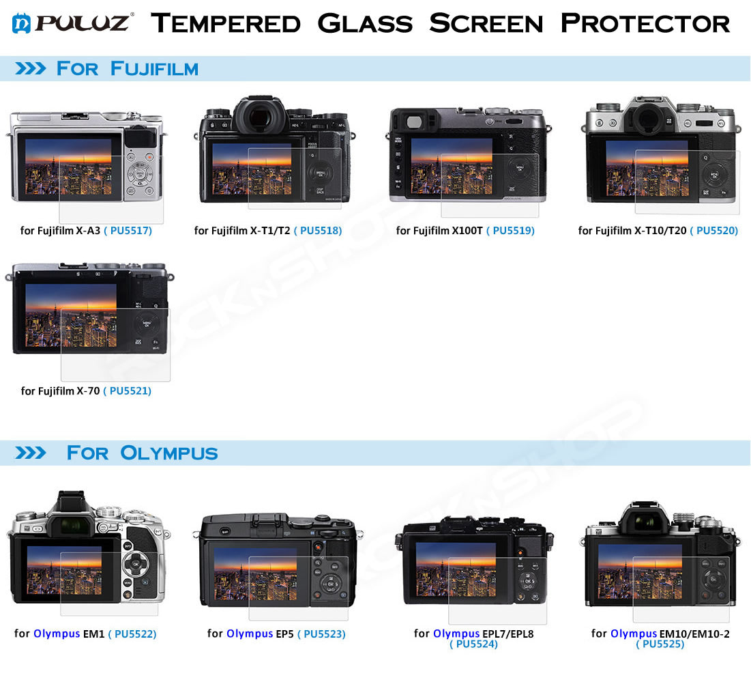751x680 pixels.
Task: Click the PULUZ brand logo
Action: pyautogui.click(x=72, y=23)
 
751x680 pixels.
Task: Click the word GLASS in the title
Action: pyautogui.click(x=365, y=23)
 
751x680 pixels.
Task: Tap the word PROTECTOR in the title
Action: pyautogui.click(x=645, y=23)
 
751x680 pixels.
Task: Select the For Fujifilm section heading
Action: pyautogui.click(x=127, y=68)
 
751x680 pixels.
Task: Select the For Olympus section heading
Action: pyautogui.click(x=143, y=453)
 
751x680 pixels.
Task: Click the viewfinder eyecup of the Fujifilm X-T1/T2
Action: pyautogui.click(x=259, y=117)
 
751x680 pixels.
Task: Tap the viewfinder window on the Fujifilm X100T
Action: pyautogui.click(x=414, y=122)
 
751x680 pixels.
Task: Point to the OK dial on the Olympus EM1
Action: pyautogui.click(x=136, y=565)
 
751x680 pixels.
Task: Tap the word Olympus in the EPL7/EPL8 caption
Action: pyautogui.click(x=456, y=634)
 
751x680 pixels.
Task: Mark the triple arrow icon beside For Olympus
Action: pyautogui.click(x=30, y=453)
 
